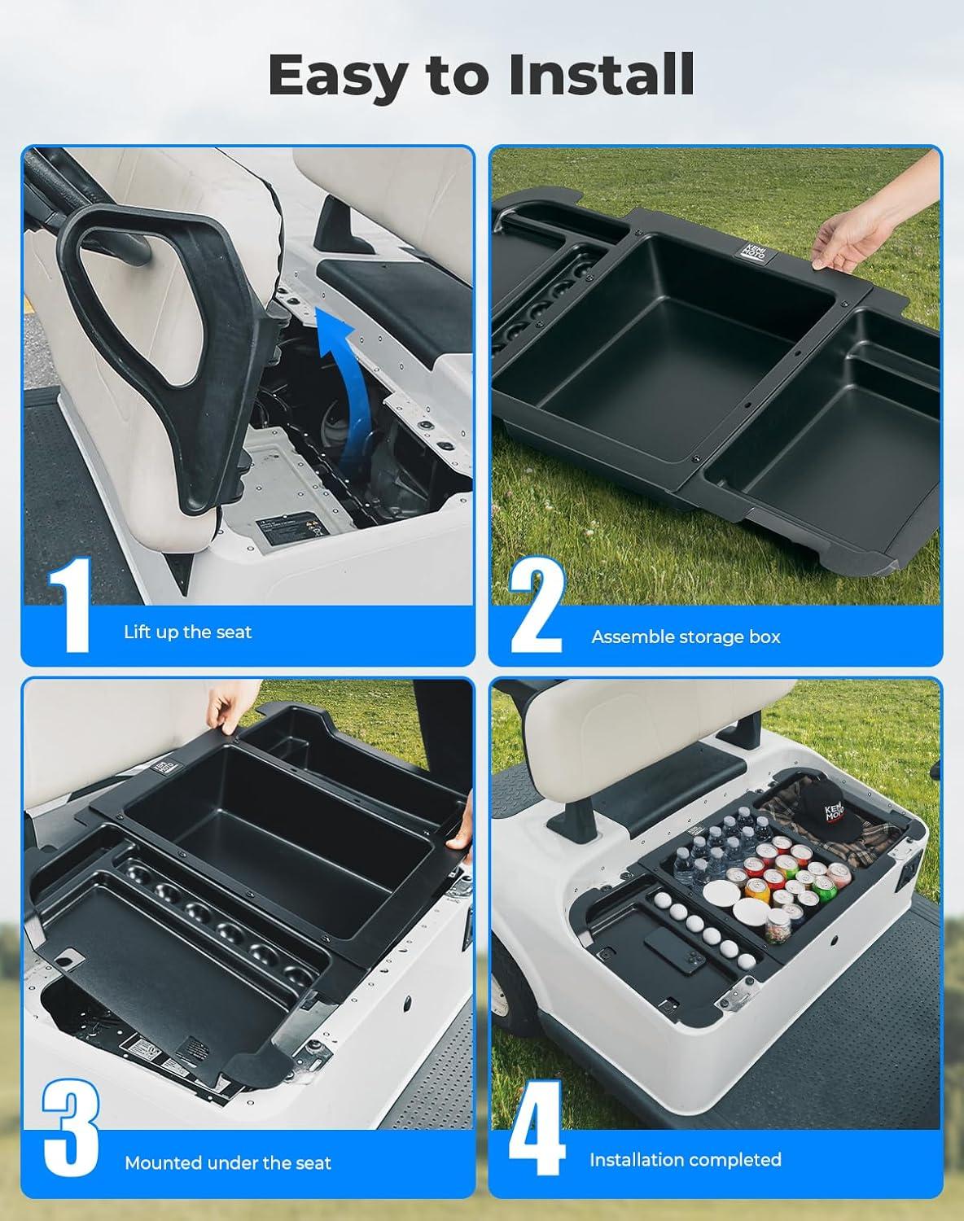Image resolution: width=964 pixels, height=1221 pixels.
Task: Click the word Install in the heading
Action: tap(601, 74)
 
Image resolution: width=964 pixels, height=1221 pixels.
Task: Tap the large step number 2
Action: tap(537, 606)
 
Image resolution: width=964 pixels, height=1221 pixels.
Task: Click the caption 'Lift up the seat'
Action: tap(187, 632)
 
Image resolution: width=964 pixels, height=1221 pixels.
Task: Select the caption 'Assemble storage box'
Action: tap(686, 637)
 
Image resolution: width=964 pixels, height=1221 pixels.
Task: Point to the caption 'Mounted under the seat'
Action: tap(228, 1163)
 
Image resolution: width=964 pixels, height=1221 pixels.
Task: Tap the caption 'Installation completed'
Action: tap(686, 1160)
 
